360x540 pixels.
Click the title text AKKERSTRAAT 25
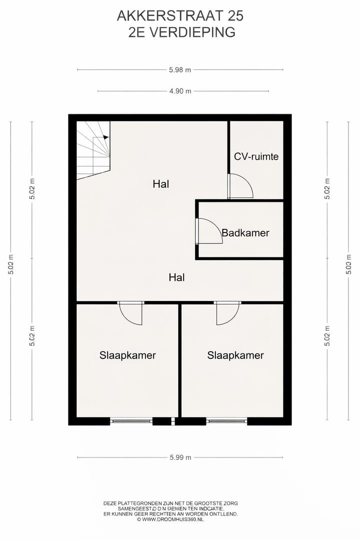point(180,16)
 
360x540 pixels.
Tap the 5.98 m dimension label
point(180,70)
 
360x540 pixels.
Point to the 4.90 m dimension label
point(180,91)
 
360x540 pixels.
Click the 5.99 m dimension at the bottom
point(180,457)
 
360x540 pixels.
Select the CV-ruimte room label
point(256,156)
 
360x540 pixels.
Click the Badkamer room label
point(245,233)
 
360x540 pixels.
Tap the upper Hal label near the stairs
point(161,184)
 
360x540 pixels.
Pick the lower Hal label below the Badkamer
point(176,277)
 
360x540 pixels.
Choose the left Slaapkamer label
point(127,355)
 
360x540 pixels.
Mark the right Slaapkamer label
point(235,355)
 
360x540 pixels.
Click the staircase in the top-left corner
point(93,149)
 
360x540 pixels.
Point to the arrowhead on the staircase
point(105,137)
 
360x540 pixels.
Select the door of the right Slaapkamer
point(227,313)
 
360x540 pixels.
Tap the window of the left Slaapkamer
point(131,421)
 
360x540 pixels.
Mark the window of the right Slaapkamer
point(226,421)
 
